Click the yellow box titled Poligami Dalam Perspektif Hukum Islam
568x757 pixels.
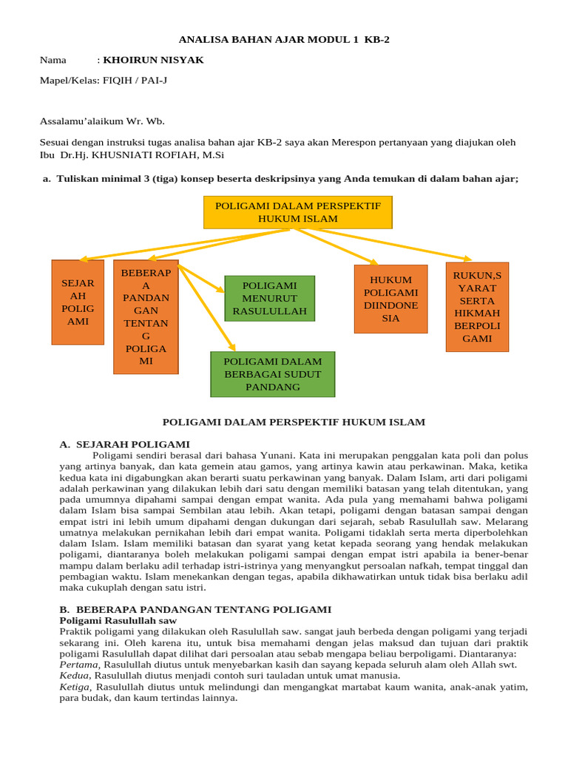tap(297, 212)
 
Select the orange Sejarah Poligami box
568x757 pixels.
tap(78, 302)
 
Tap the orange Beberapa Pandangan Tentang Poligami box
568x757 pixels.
tap(146, 316)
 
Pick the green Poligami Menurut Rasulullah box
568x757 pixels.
tap(269, 298)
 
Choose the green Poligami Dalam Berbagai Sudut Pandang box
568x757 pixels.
tap(272, 374)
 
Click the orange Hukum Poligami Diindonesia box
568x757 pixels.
tap(390, 299)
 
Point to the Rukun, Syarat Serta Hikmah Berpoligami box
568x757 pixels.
tap(477, 307)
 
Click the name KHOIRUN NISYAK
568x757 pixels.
tap(153, 60)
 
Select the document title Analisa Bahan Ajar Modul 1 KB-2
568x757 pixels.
tap(285, 40)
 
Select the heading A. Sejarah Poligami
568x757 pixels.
tap(124, 444)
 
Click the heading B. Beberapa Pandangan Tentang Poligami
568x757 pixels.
tap(195, 609)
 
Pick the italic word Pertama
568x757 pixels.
tap(78, 665)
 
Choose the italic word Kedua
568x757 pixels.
tap(75, 676)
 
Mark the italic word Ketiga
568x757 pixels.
tap(76, 687)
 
